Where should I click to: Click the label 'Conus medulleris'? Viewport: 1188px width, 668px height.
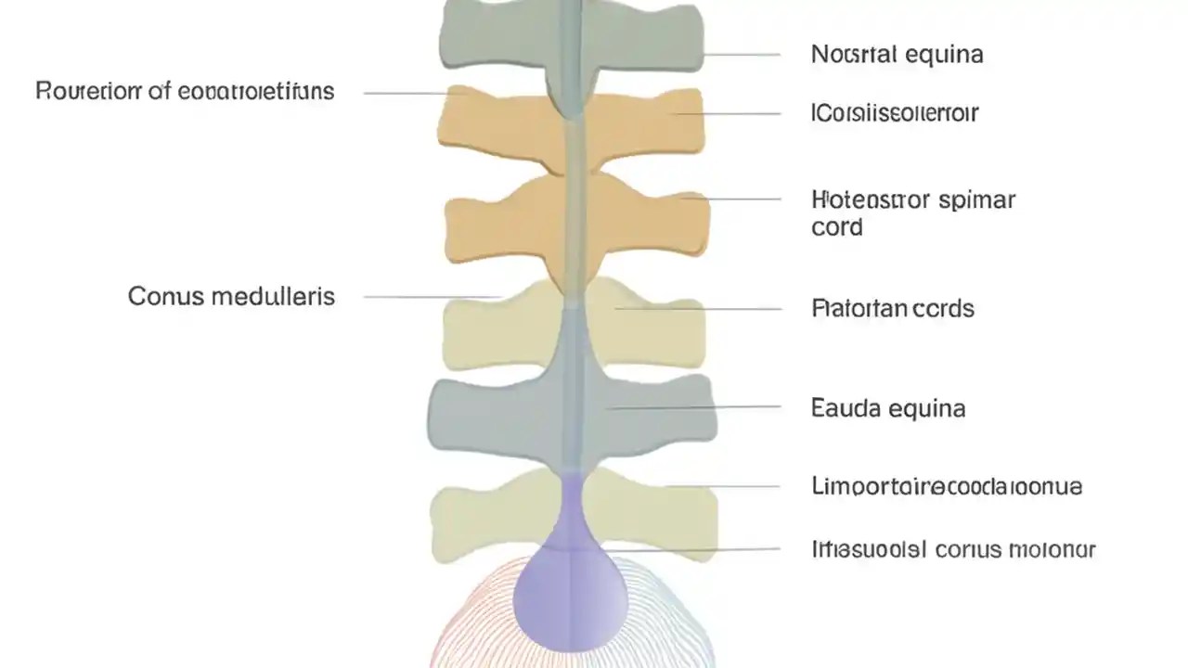231,297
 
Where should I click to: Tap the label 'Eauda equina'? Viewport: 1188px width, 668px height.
888,407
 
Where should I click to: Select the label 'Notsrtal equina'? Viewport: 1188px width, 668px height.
897,55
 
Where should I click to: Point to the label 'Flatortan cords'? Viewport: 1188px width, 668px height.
893,308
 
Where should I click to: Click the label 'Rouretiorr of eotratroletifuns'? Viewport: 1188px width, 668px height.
185,92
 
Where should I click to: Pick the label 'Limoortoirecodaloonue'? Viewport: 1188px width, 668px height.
946,486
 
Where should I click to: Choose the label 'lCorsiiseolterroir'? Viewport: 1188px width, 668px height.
895,113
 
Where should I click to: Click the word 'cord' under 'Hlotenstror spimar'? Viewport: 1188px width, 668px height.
836,227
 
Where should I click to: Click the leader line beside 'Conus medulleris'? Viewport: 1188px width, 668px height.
432,297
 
